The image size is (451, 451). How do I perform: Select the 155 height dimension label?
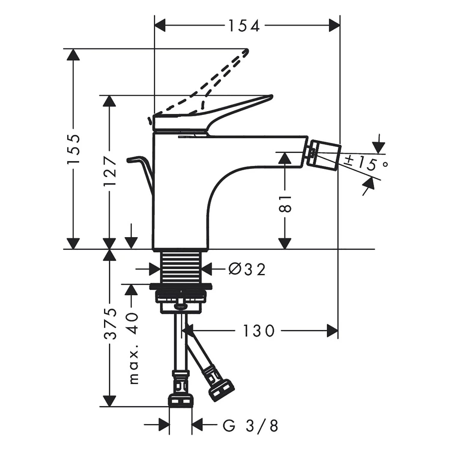[x=73, y=149]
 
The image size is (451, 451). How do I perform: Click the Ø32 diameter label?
[x=247, y=269]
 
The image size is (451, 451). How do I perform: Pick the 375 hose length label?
[x=110, y=324]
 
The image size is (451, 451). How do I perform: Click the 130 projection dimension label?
[x=259, y=331]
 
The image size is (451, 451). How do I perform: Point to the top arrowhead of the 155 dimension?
[x=73, y=55]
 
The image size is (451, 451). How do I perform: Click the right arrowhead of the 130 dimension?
[x=333, y=331]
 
